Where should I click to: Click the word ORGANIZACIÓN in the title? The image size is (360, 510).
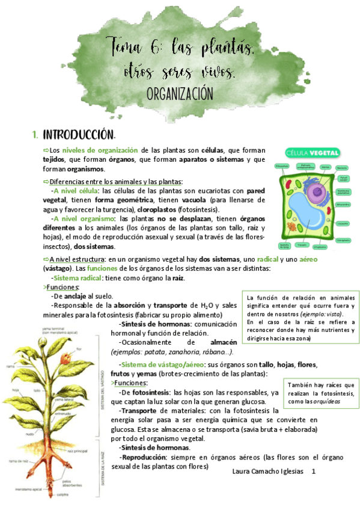click(180, 94)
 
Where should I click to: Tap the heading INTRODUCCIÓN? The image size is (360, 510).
click(78, 134)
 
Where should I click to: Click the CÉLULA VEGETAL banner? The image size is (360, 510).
click(313, 153)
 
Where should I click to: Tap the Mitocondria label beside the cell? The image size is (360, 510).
click(343, 204)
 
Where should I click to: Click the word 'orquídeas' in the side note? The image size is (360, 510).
click(328, 402)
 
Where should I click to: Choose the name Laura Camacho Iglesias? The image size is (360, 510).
click(267, 472)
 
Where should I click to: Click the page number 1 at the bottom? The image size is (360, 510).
click(313, 472)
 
